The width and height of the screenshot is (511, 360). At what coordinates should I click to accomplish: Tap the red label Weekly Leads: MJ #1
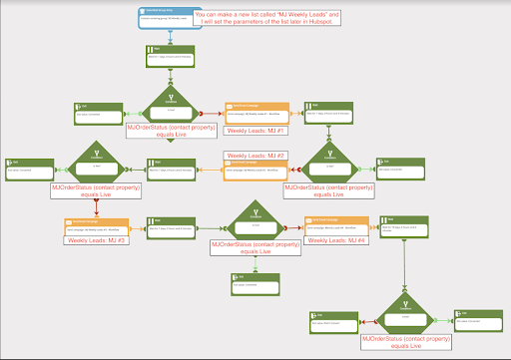click(256, 131)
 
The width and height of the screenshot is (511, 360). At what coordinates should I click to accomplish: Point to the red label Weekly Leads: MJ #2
click(255, 157)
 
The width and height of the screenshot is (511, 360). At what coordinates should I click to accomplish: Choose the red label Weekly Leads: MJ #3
click(97, 239)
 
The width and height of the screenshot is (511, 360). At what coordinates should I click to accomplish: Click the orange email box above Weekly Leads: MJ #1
click(256, 112)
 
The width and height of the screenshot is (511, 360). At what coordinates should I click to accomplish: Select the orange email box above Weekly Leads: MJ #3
click(97, 225)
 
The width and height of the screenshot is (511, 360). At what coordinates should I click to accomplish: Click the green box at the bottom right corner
click(475, 319)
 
